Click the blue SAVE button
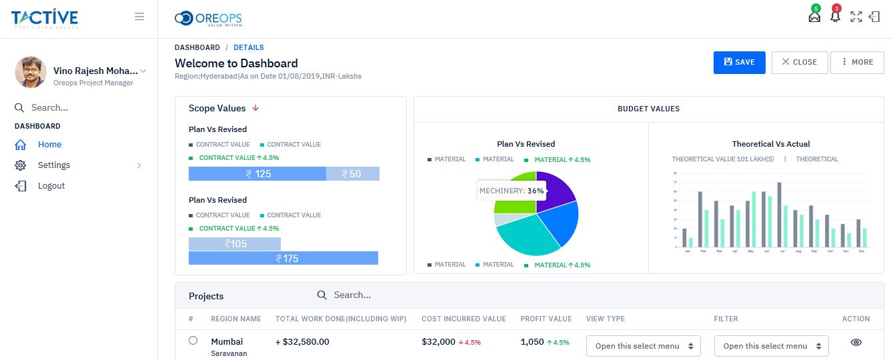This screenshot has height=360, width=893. coord(739,62)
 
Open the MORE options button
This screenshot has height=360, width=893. coord(857,62)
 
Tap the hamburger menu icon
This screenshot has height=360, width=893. coord(139,17)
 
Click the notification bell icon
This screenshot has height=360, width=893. coord(835,17)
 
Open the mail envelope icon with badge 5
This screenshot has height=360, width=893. coord(814,17)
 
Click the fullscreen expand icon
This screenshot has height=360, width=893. coord(856,17)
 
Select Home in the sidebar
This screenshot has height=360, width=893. coord(49,145)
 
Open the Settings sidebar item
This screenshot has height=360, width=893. coord(54,165)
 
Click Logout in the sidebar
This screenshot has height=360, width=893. coord(51,186)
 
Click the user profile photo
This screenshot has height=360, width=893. coord(30,72)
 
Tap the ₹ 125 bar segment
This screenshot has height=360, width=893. coord(257,174)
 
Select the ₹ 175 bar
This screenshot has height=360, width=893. coord(283,258)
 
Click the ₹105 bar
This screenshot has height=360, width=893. coord(235,244)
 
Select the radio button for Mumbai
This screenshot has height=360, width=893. coord(193,341)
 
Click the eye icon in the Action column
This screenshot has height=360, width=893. coord(856,342)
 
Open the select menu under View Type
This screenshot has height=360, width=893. coord(644,346)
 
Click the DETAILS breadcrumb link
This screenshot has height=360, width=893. coord(249,48)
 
